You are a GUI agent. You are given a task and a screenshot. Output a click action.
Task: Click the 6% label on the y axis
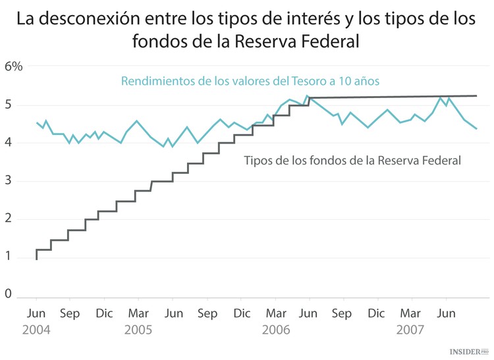(13, 66)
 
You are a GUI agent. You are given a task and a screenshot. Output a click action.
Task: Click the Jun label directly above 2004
(36, 313)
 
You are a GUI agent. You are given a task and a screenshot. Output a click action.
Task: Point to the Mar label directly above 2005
(138, 313)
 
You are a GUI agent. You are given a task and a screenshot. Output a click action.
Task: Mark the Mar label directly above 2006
(276, 313)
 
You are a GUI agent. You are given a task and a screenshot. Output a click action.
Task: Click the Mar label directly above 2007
(410, 313)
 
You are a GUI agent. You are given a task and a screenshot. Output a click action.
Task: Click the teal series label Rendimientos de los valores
(250, 81)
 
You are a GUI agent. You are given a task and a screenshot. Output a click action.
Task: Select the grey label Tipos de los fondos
(351, 160)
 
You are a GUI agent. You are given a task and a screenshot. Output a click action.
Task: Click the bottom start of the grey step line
(36, 259)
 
